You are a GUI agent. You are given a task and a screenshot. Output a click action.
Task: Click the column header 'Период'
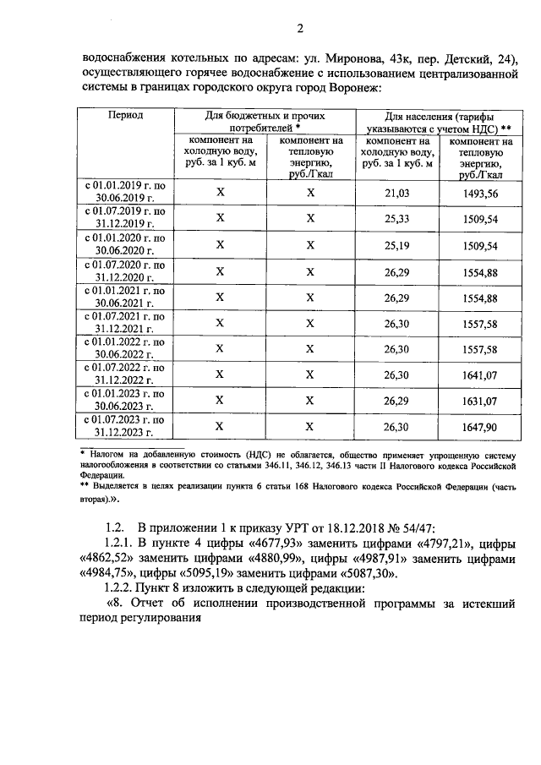[x=125, y=114]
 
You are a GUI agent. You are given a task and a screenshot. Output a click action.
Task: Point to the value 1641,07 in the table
[x=481, y=374]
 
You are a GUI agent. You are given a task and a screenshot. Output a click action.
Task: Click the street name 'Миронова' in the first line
[x=344, y=58]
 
